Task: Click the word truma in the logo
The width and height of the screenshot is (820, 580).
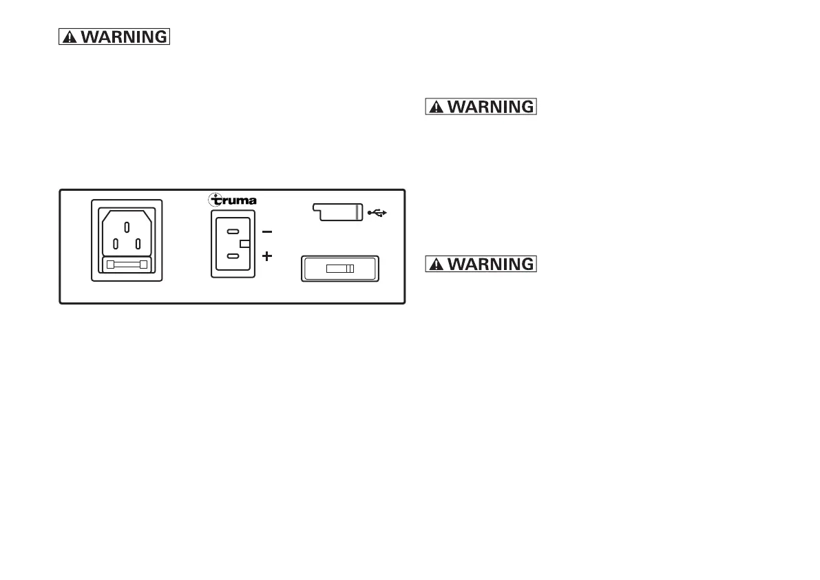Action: click(238, 201)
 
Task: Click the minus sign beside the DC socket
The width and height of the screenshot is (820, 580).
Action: click(268, 231)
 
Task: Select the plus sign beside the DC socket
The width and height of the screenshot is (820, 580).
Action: click(268, 256)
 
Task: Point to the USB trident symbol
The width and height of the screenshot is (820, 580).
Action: click(377, 213)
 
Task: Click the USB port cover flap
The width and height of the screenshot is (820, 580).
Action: click(337, 211)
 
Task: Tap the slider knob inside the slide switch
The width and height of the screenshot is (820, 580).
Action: click(349, 269)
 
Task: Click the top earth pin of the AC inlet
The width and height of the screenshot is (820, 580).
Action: click(127, 225)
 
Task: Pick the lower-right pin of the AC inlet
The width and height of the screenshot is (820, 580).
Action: click(139, 243)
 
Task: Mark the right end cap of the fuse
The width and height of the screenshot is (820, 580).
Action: click(143, 265)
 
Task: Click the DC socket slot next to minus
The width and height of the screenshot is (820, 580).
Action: click(233, 231)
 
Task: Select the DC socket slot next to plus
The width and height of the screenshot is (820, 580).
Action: click(233, 256)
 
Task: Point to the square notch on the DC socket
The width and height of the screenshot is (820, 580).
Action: click(244, 244)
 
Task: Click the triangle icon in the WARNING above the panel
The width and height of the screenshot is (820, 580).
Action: click(70, 38)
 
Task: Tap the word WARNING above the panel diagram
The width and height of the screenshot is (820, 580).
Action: click(124, 37)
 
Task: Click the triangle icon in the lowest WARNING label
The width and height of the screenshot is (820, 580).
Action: click(438, 265)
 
